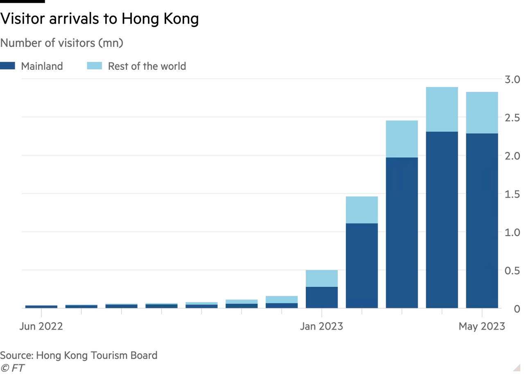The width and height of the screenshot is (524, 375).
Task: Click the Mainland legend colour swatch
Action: click(8, 66)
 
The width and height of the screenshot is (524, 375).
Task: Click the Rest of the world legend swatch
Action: click(94, 66)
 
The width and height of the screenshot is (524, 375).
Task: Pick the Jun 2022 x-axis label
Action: click(41, 327)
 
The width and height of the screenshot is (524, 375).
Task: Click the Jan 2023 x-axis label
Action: click(321, 327)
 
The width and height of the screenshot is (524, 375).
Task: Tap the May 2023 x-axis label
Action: click(482, 327)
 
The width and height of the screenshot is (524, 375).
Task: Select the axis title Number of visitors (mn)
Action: click(62, 43)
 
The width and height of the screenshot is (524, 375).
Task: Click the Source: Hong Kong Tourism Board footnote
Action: click(79, 355)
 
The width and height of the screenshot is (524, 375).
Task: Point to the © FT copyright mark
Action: click(12, 368)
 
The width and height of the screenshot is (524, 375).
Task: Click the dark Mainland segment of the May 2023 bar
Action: click(482, 222)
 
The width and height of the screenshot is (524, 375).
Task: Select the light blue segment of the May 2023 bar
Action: click(482, 112)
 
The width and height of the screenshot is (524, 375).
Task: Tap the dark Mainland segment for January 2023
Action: click(322, 297)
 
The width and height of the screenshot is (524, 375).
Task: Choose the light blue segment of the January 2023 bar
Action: click(322, 279)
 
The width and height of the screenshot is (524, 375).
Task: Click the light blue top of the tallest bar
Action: click(442, 109)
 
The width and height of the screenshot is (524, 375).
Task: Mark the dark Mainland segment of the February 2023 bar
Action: click(362, 266)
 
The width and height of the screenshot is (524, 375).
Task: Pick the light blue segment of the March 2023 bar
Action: click(402, 138)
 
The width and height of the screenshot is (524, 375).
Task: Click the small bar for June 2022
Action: click(41, 306)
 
